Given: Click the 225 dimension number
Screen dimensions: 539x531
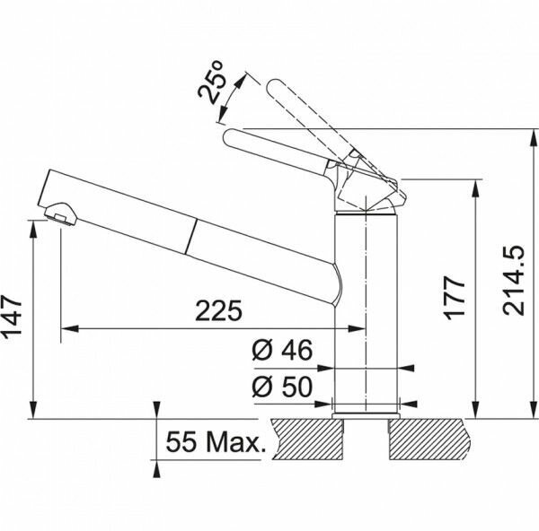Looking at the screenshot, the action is (218, 311).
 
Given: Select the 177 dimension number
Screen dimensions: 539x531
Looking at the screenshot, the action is (455, 298).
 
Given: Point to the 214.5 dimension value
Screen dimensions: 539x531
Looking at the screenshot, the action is (513, 280).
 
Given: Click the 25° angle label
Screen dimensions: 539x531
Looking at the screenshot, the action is (211, 83).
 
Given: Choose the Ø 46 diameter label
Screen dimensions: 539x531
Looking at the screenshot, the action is (282, 350).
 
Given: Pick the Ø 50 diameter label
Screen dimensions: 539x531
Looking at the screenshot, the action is (282, 387).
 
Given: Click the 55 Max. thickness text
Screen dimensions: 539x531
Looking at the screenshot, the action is (216, 442).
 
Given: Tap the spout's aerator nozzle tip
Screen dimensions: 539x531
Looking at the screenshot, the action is (61, 213).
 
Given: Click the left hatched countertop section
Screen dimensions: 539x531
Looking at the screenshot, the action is (308, 440).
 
